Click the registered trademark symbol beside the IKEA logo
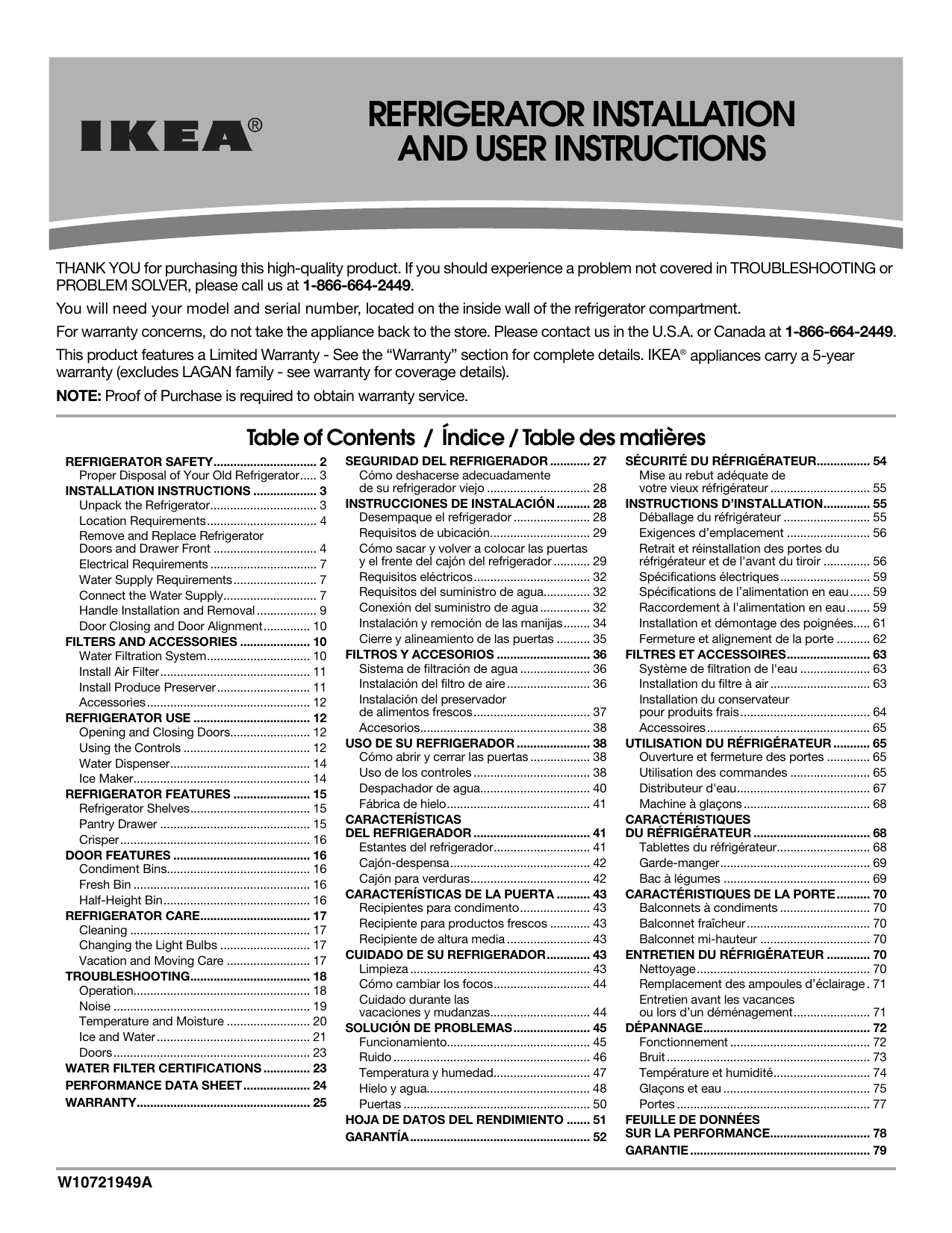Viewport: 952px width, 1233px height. click(x=255, y=125)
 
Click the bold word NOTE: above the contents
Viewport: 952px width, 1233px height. click(x=79, y=396)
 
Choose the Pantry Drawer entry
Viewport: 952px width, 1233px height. click(x=118, y=824)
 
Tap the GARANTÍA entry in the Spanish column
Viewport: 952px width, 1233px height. click(x=377, y=1137)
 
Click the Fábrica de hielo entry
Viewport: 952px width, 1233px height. click(x=402, y=804)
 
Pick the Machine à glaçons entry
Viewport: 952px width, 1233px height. click(x=691, y=804)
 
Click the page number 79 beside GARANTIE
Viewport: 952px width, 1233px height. click(x=880, y=1150)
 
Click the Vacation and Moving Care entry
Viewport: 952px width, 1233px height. click(x=152, y=960)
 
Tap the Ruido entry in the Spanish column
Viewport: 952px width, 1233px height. click(x=376, y=1057)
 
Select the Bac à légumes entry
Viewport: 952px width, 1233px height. click(x=679, y=878)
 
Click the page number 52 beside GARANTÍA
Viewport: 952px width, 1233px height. click(x=600, y=1137)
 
